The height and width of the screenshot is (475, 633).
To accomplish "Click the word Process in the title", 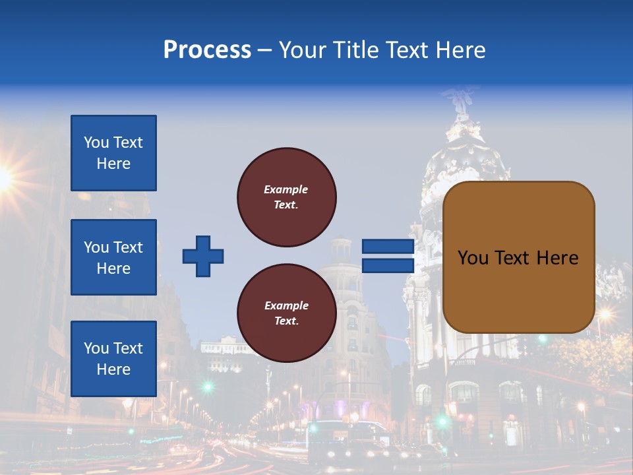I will point(207,50).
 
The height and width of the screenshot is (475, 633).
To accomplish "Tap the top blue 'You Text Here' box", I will point(113,153).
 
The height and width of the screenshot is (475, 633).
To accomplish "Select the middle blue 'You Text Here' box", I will point(113,257).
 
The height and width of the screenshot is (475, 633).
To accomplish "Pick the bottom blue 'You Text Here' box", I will point(113,359).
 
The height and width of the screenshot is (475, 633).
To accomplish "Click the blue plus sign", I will point(203,256).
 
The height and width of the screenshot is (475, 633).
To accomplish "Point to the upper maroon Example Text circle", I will point(287,197).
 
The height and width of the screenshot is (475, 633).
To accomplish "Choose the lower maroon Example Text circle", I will point(287,313).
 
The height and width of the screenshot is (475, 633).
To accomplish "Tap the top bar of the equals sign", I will point(388,247).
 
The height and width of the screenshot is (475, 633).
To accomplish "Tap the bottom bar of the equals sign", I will point(388,265).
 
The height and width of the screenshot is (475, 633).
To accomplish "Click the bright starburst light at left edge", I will point(4,177).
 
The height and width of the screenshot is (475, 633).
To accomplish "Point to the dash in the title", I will point(264,50).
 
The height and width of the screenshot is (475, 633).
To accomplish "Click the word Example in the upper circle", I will point(286,189).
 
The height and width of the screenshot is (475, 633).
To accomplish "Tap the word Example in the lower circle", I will point(286,305).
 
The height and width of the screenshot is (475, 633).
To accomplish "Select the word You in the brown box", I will point(472,258).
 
